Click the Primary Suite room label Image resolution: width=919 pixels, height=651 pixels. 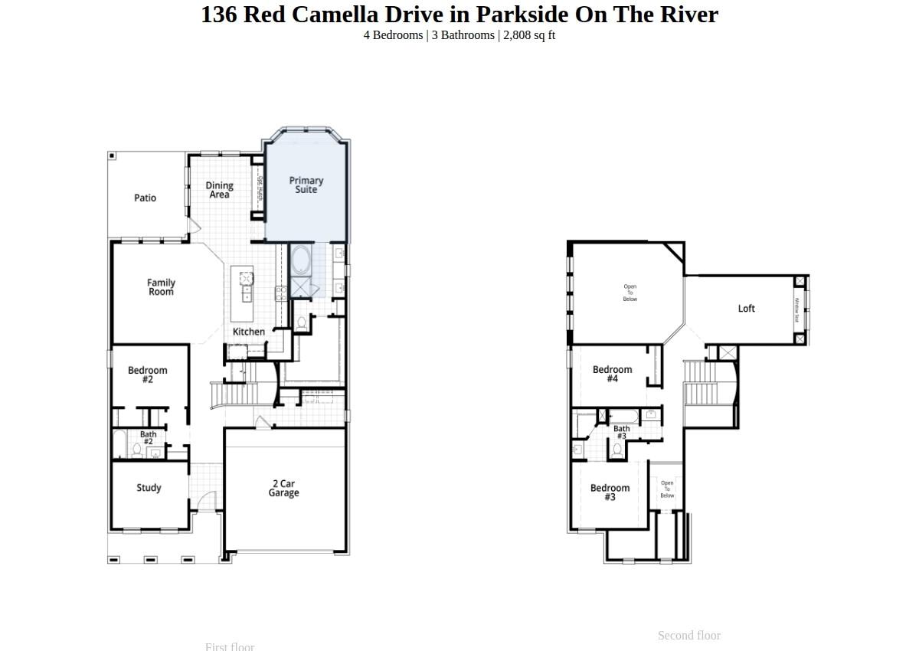click(306, 185)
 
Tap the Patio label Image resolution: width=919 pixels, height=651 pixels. click(145, 198)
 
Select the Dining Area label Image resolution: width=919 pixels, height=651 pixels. click(219, 190)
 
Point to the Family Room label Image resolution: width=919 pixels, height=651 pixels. click(161, 287)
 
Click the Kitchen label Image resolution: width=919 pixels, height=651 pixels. click(249, 332)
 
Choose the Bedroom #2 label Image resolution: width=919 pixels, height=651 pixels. click(148, 375)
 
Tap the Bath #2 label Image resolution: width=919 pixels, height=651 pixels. click(148, 438)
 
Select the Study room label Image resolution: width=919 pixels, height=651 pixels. click(149, 488)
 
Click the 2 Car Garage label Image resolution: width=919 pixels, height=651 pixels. click(283, 489)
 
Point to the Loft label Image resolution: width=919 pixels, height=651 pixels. click(747, 309)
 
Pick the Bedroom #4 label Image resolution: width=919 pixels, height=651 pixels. click(613, 374)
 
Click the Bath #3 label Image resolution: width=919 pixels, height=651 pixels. click(622, 433)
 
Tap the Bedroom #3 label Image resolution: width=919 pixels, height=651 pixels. click(610, 492)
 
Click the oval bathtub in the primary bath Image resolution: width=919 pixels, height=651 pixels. click(301, 260)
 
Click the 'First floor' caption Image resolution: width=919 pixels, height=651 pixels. click(230, 646)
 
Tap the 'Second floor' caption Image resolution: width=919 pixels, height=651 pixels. click(689, 636)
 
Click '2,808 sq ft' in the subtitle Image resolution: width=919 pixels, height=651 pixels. click(529, 35)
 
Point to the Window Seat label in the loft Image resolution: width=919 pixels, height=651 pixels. click(797, 309)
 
